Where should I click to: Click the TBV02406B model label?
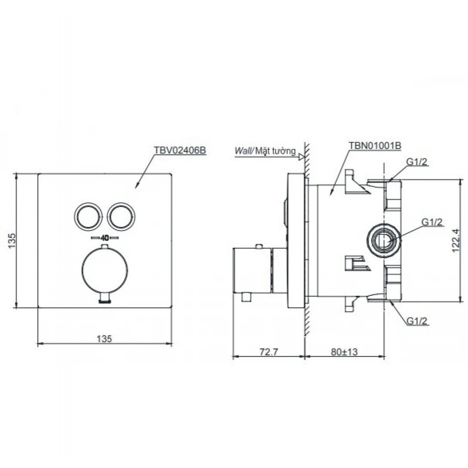pos(179,150)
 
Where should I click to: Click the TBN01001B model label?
pos(375,146)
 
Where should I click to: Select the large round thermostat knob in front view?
pos(104,270)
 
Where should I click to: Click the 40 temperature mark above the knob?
pos(104,238)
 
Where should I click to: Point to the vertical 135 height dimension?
pos(11,240)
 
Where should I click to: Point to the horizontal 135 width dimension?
pos(104,339)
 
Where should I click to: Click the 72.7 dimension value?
pos(269,352)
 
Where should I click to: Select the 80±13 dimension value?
pos(344,352)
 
